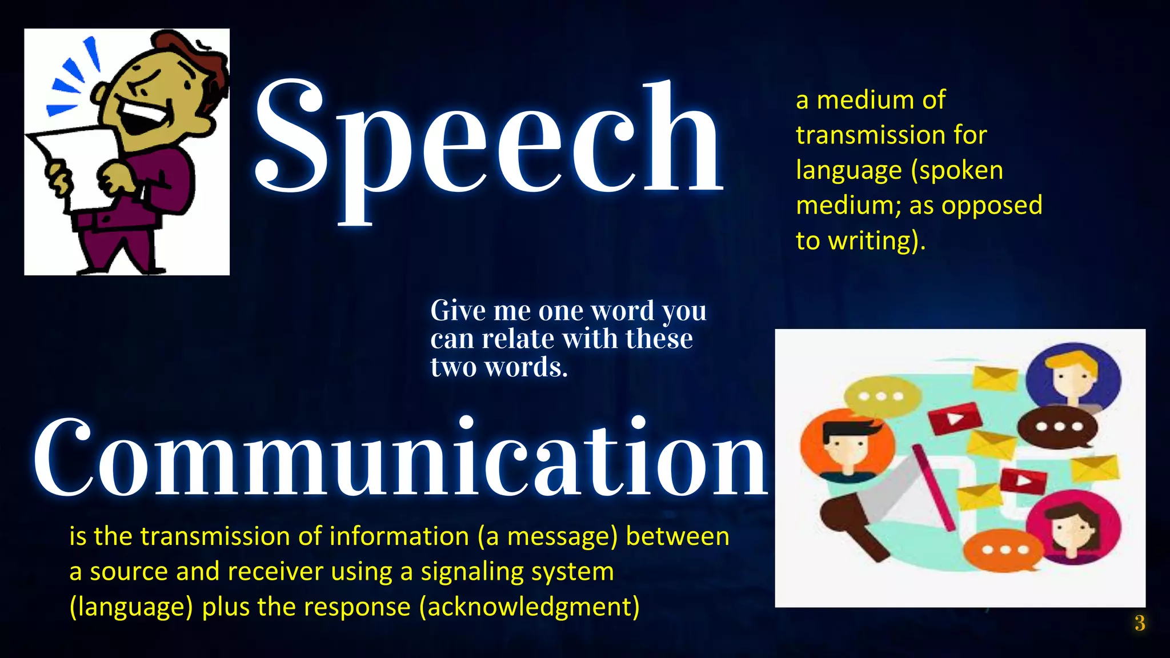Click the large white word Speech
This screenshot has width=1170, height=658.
click(x=488, y=143)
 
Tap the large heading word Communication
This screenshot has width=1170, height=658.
click(x=400, y=457)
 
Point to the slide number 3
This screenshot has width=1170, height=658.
click(x=1139, y=623)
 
